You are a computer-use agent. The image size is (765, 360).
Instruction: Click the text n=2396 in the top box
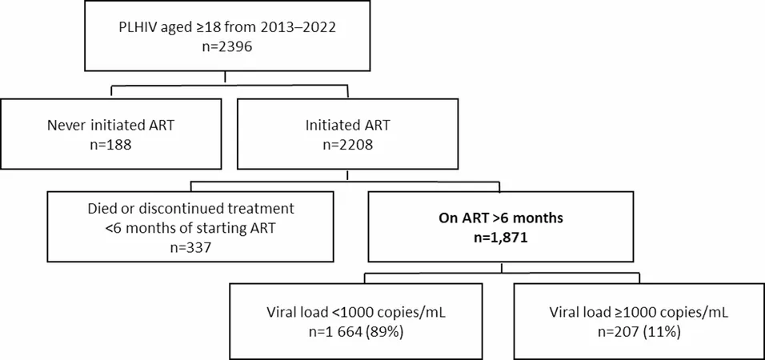click(x=227, y=48)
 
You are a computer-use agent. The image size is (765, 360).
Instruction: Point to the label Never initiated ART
click(x=110, y=125)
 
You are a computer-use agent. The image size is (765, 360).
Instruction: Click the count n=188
click(x=110, y=145)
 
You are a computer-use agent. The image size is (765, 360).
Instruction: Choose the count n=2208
click(x=346, y=145)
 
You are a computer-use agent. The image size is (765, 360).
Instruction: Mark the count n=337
click(x=190, y=249)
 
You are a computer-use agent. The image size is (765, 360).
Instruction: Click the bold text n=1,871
click(x=500, y=238)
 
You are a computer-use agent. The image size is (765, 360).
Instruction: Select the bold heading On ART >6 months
click(x=500, y=218)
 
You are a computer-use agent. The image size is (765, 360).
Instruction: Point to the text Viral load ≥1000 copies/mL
click(x=639, y=313)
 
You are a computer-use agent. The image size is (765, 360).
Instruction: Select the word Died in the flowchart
click(x=99, y=208)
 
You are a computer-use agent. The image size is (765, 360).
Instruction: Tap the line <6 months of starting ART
click(x=190, y=228)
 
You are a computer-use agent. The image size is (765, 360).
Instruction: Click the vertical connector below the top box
click(x=225, y=78)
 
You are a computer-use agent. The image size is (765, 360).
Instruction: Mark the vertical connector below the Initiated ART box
click(x=346, y=176)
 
